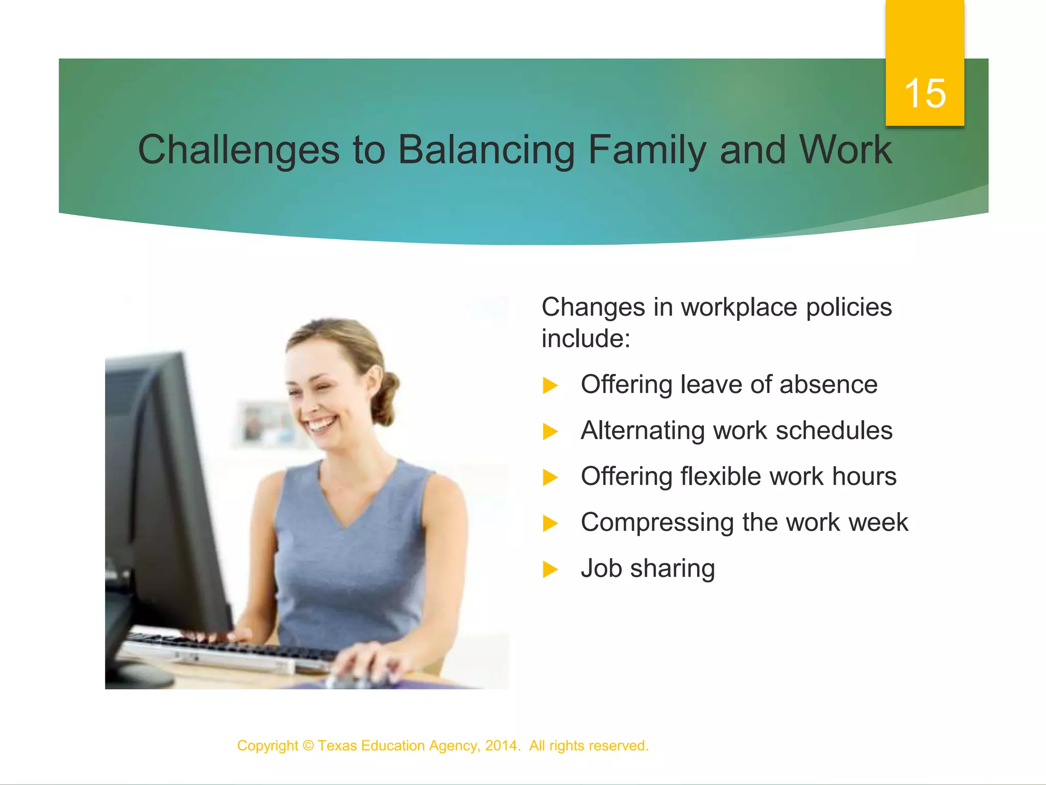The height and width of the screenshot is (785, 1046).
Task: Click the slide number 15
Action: point(925,94)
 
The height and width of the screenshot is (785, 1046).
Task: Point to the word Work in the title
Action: point(845,150)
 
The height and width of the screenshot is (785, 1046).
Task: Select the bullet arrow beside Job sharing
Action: point(550,569)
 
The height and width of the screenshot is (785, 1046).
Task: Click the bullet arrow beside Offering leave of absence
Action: point(550,385)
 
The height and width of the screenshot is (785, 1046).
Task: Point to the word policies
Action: point(849,307)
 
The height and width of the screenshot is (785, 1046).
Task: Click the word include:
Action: point(586,338)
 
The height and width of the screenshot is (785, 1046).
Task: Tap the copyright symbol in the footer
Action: point(308,746)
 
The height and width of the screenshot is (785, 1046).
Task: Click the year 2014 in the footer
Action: point(501,746)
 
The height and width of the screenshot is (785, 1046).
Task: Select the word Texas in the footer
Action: point(337,746)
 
